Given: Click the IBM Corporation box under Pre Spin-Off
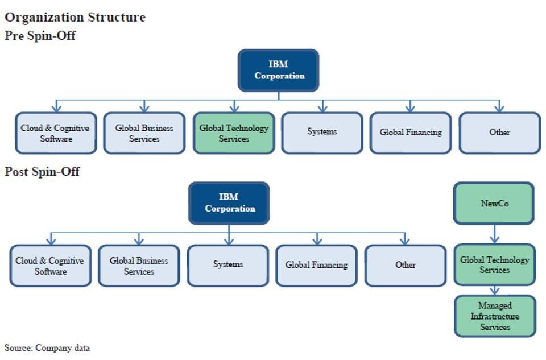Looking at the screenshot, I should tap(278, 71).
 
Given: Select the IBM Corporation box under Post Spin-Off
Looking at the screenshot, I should tap(229, 203).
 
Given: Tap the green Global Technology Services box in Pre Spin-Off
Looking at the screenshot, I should tap(234, 133).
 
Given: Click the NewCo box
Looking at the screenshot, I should tap(494, 203).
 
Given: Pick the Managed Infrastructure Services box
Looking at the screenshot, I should tap(495, 316).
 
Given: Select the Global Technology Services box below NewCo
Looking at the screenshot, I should tap(494, 265).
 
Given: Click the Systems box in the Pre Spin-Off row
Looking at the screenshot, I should tap(322, 133).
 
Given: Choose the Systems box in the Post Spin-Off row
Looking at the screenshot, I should tap(227, 265).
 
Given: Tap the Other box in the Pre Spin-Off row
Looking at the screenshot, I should tap(499, 133).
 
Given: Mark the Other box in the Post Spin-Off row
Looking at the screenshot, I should tap(405, 265).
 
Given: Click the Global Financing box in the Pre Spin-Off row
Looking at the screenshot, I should tap(411, 133).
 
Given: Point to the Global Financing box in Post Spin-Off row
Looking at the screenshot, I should tap(316, 265).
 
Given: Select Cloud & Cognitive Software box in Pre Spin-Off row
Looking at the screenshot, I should tap(56, 133).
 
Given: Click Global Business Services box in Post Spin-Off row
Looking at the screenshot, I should tap(139, 266).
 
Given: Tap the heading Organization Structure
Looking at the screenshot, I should tap(75, 17).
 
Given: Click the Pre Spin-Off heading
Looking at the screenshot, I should tap(40, 36).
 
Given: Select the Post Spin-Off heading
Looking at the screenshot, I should tap(42, 171).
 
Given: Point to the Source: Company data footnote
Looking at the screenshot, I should tap(47, 347).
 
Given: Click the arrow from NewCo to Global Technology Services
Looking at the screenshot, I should tap(494, 234).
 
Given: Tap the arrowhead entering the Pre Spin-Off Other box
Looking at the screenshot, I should tap(499, 108).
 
